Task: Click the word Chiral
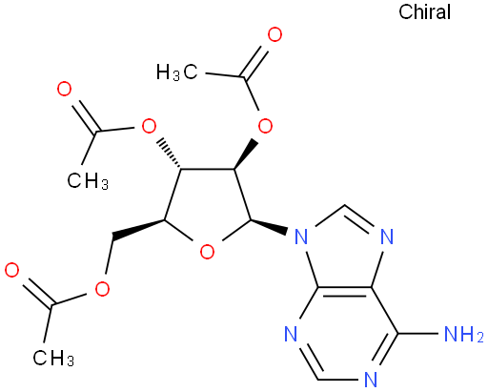pyautogui.click(x=424, y=12)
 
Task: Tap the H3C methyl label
pyautogui.click(x=177, y=72)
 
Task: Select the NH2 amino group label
pyautogui.click(x=464, y=334)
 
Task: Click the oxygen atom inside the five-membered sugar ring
pyautogui.click(x=207, y=252)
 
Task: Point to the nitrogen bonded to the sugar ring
pyautogui.click(x=301, y=237)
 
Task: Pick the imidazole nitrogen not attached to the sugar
pyautogui.click(x=387, y=237)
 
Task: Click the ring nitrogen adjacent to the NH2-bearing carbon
pyautogui.click(x=371, y=379)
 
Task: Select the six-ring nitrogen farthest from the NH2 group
pyautogui.click(x=291, y=334)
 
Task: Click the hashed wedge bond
pyautogui.click(x=171, y=154)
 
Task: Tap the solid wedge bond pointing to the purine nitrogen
pyautogui.click(x=269, y=225)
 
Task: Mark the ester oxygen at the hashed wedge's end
pyautogui.click(x=149, y=127)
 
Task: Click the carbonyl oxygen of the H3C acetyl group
pyautogui.click(x=274, y=34)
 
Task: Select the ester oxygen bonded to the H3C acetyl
pyautogui.click(x=265, y=126)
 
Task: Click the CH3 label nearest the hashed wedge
pyautogui.click(x=88, y=180)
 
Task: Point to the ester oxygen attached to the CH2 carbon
pyautogui.click(x=102, y=289)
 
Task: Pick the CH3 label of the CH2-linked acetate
pyautogui.click(x=53, y=358)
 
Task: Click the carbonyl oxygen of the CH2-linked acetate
pyautogui.click(x=12, y=270)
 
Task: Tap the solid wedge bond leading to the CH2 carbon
pyautogui.click(x=138, y=228)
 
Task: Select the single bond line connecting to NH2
pyautogui.click(x=417, y=334)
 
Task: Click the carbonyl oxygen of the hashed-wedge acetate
pyautogui.click(x=64, y=89)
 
